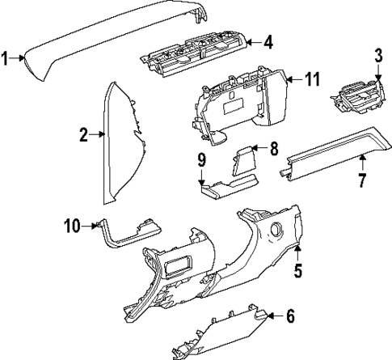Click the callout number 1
pos(5,57)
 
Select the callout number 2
pos(83,135)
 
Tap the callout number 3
pos(377,55)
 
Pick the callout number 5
pos(298,271)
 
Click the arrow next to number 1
pos(20,57)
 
